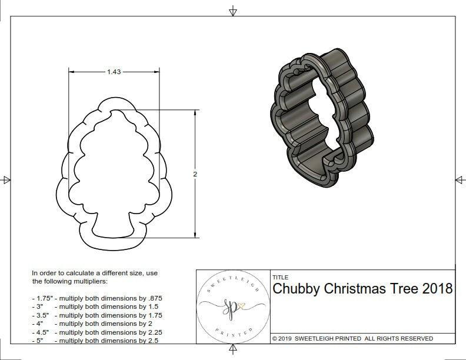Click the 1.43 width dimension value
pyautogui.click(x=114, y=72)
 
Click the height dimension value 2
pyautogui.click(x=195, y=174)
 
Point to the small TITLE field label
pyautogui.click(x=280, y=276)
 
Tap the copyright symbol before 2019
pyautogui.click(x=275, y=339)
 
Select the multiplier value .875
pyautogui.click(x=154, y=298)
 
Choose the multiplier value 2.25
pyautogui.click(x=153, y=332)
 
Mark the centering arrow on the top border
pyautogui.click(x=233, y=11)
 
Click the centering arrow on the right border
pyautogui.click(x=459, y=180)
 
